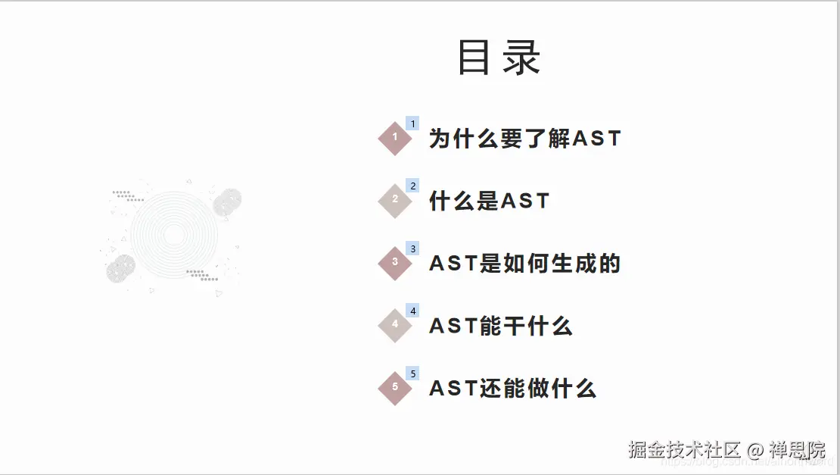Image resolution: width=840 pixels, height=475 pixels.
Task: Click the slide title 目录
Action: point(499,58)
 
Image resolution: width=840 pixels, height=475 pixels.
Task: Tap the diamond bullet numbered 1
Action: point(395,138)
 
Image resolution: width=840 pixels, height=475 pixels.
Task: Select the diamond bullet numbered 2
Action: point(395,201)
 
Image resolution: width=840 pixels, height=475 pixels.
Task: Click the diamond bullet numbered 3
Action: point(395,263)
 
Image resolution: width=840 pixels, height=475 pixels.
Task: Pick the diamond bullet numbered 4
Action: point(395,325)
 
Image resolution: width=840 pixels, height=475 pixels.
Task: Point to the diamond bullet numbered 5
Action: point(395,388)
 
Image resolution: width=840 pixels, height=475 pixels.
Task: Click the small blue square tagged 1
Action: point(412,123)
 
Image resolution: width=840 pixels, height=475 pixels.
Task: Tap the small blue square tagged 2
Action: point(412,186)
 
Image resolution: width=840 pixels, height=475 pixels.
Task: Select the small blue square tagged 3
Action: point(412,248)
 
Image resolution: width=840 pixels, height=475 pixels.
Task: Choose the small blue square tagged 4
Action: point(412,311)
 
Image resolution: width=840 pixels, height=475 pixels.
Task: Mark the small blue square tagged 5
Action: point(412,373)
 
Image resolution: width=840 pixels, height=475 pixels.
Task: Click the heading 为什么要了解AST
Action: point(524,139)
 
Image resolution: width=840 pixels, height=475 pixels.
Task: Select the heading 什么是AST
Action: point(489,201)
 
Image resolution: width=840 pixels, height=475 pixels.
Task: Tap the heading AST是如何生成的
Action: point(524,264)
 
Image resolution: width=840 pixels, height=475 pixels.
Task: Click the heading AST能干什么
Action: point(500,326)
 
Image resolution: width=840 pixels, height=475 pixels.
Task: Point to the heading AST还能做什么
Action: point(512,389)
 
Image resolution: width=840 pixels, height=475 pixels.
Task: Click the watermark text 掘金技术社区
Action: point(683,450)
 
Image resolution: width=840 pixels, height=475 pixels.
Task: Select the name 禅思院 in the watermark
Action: point(797,450)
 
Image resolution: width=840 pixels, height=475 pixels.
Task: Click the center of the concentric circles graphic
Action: point(173,235)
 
